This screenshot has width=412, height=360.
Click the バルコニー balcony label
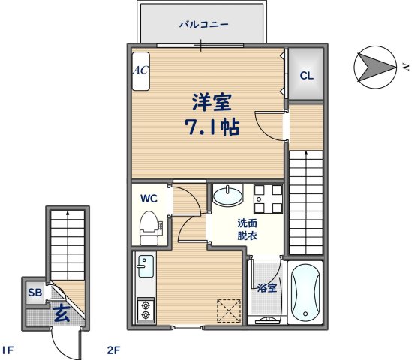(x=203, y=24)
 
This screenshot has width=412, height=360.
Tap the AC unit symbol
(x=140, y=70)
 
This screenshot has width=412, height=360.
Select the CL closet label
(x=307, y=76)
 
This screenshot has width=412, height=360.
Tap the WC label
(x=149, y=199)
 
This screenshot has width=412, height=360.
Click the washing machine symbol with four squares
(x=266, y=198)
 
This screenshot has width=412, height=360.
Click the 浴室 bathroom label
(x=266, y=288)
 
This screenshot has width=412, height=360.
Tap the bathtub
(x=305, y=292)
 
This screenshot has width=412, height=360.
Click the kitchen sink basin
(x=145, y=265)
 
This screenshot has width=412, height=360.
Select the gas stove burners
(x=144, y=308)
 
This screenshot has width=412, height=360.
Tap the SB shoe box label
(x=35, y=292)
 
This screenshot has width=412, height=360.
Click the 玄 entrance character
(x=61, y=313)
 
